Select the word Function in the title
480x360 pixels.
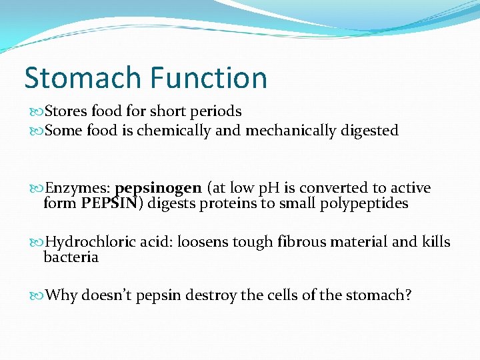[x=208, y=78]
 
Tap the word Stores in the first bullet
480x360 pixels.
[x=65, y=111]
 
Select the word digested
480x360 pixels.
[x=369, y=131]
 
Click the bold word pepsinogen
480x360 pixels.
[x=158, y=189]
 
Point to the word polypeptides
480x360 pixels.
[x=365, y=203]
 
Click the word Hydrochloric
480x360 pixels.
[x=91, y=242]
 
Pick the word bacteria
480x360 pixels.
[x=71, y=257]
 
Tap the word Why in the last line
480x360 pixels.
[x=61, y=295]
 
